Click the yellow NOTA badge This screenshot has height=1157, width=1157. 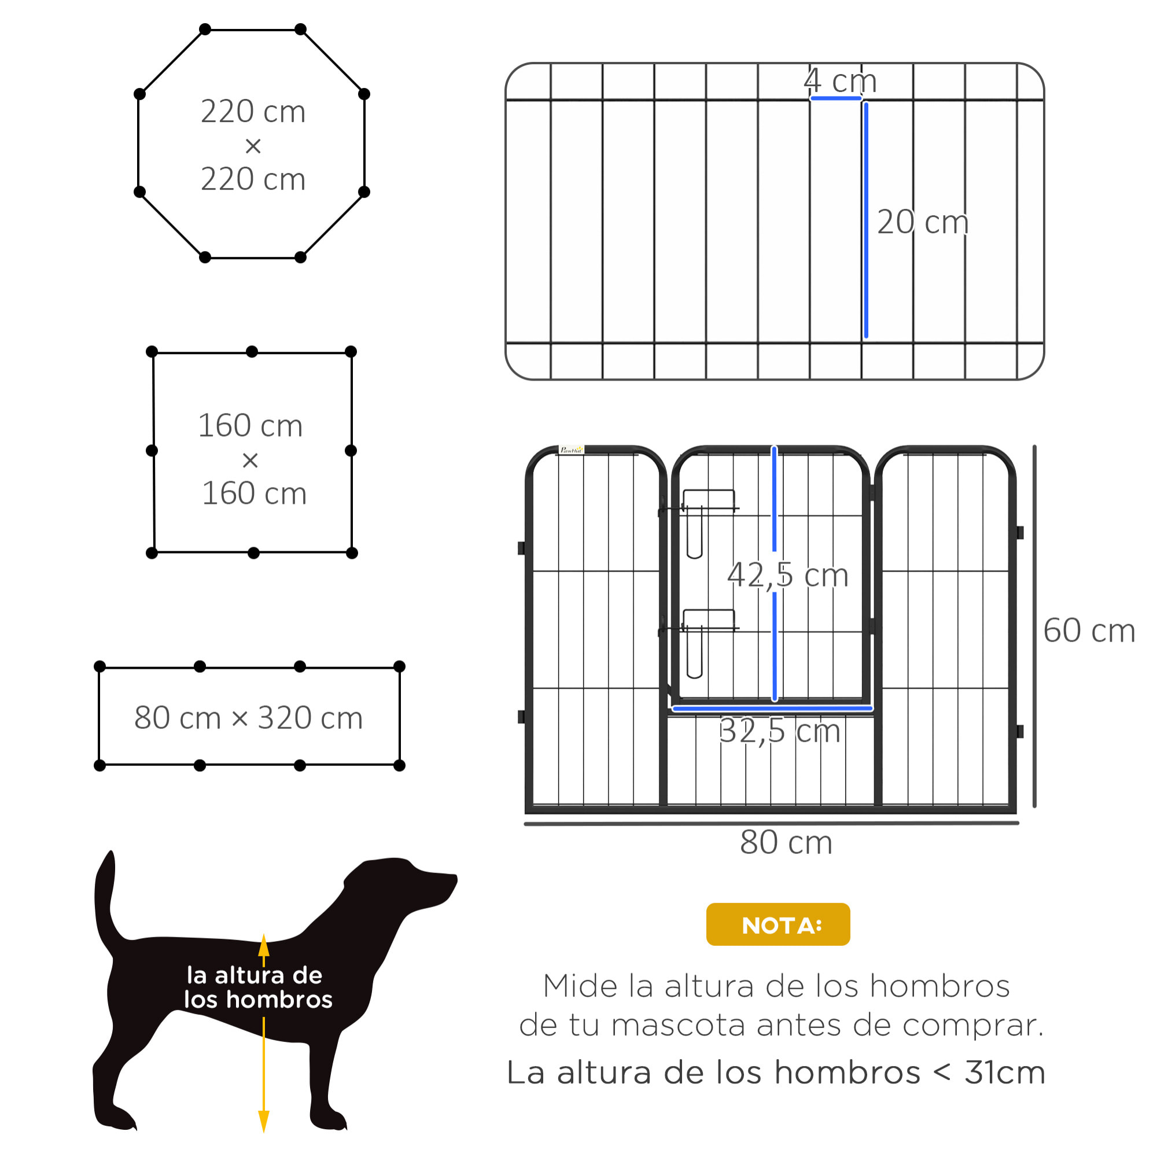pos(778,924)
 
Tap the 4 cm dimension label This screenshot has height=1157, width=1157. pos(839,81)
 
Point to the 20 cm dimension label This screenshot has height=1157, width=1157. pos(922,222)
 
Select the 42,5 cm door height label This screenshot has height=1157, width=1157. pos(787,575)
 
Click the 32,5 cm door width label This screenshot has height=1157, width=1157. pos(779,731)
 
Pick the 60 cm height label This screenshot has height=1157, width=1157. pos(1088,631)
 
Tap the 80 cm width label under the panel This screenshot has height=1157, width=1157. pos(786,843)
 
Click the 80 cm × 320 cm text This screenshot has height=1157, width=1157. pos(249,717)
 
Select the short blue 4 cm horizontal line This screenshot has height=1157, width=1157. pos(835,98)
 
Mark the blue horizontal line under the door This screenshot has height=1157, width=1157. pos(772,709)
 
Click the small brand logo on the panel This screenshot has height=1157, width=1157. pos(571,449)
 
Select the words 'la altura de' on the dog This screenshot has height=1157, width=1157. pos(255,975)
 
